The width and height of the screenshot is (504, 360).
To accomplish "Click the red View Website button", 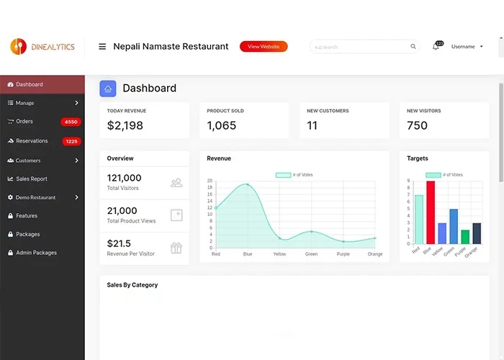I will pyautogui.click(x=264, y=46).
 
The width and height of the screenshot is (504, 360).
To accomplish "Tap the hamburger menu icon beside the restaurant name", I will pyautogui.click(x=102, y=46).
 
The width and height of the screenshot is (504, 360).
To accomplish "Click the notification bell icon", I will pyautogui.click(x=436, y=46).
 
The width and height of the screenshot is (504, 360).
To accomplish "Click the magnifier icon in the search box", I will pyautogui.click(x=413, y=47).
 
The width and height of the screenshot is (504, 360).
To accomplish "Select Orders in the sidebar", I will pyautogui.click(x=24, y=122).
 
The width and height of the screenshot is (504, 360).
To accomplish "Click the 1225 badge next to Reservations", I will pyautogui.click(x=71, y=141).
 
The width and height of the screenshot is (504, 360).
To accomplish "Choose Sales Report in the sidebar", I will pyautogui.click(x=32, y=179).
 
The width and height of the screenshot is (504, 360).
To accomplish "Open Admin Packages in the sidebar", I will pyautogui.click(x=36, y=253).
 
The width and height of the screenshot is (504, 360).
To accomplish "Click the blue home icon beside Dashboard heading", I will pyautogui.click(x=108, y=89).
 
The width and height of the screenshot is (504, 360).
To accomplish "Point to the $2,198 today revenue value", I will pyautogui.click(x=125, y=125).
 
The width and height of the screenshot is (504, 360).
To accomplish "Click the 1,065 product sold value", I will pyautogui.click(x=221, y=125).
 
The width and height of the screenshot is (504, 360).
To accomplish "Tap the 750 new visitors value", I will pyautogui.click(x=417, y=125).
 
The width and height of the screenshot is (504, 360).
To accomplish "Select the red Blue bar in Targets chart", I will pyautogui.click(x=431, y=212).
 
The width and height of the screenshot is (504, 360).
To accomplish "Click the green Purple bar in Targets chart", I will pyautogui.click(x=465, y=236).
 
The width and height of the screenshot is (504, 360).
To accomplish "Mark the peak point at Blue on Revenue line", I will pyautogui.click(x=248, y=184).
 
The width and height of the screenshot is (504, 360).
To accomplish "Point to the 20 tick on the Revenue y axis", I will pyautogui.click(x=210, y=181).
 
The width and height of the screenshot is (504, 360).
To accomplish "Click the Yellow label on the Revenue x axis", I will pyautogui.click(x=279, y=254).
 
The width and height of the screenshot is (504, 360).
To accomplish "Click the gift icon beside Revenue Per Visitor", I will pyautogui.click(x=176, y=248).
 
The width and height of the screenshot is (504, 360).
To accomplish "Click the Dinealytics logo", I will pyautogui.click(x=42, y=46).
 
